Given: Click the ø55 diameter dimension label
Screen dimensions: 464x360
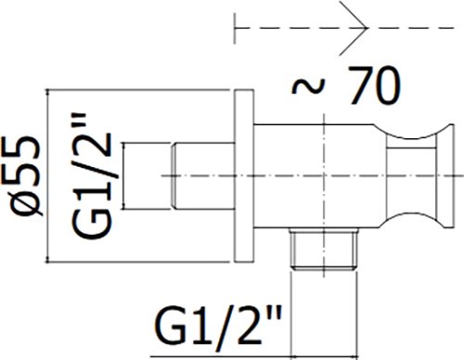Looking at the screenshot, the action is (25, 174).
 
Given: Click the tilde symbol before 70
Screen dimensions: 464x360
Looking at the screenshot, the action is (309, 85).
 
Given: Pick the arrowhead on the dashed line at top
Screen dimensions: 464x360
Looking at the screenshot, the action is (354, 28).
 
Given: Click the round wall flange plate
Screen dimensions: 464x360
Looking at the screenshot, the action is (244, 176).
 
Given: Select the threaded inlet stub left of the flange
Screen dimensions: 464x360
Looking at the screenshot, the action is (202, 175).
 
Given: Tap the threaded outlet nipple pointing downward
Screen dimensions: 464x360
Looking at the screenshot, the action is (324, 249).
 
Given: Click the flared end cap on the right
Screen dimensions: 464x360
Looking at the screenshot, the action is (445, 176).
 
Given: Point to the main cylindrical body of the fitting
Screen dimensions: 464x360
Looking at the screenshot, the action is (318, 176).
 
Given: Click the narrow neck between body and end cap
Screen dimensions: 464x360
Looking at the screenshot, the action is (412, 176).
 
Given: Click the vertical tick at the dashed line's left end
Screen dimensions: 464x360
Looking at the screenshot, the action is (235, 29).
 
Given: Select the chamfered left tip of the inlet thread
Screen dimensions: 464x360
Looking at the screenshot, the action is (174, 175).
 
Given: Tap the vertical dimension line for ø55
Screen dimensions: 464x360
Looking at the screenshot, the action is (48, 176).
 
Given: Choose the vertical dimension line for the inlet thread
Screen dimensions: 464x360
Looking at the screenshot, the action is (123, 175).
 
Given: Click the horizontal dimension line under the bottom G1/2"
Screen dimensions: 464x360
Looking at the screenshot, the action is (253, 356).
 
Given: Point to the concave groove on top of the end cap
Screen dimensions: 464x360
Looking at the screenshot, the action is (411, 133).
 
